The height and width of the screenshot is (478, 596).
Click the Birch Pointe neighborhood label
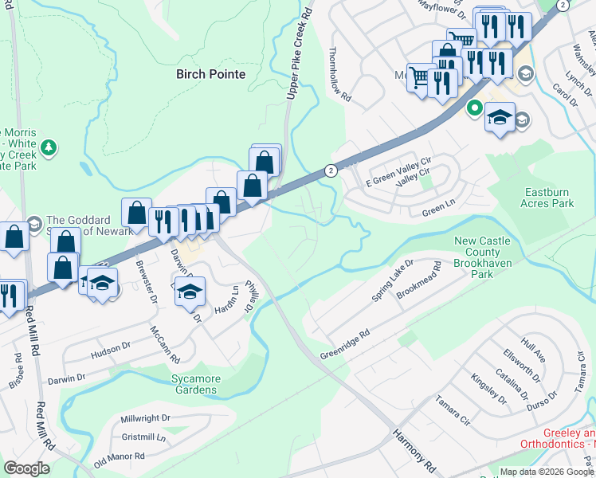click(x=210, y=74)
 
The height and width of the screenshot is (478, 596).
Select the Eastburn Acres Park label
click(x=550, y=198)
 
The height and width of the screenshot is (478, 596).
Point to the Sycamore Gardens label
click(x=194, y=385)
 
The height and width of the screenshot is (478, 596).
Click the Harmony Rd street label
click(x=415, y=447)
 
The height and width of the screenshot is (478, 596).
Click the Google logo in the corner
click(x=26, y=468)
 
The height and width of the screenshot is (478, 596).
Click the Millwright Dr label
click(x=145, y=418)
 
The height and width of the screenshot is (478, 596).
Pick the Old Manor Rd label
click(x=119, y=459)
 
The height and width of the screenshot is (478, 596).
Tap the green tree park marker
click(x=49, y=147)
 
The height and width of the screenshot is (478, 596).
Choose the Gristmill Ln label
click(x=143, y=437)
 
